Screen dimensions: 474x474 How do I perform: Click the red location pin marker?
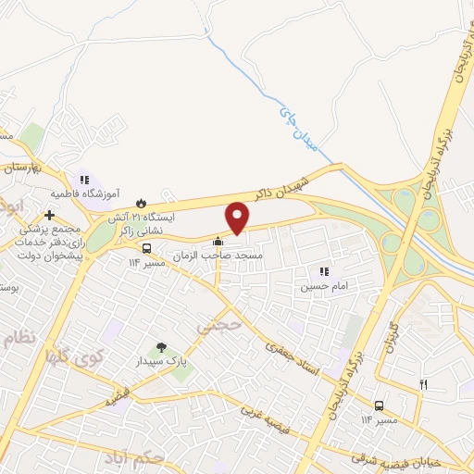pos(238,217)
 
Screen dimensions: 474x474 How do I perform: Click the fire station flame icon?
pos(141,203)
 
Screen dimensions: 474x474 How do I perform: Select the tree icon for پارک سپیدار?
pos(162,348)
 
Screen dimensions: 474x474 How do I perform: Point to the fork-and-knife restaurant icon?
pos(424,384)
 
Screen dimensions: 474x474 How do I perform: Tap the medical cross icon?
pos(49,215)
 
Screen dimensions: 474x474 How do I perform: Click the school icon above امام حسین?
pos(323,271)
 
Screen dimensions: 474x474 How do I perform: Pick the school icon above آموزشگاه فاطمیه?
pos(84,180)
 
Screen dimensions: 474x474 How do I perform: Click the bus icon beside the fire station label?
pos(146,248)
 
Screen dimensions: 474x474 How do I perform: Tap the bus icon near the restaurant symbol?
pos(379,405)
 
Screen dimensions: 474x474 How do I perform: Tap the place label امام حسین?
pos(319,287)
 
